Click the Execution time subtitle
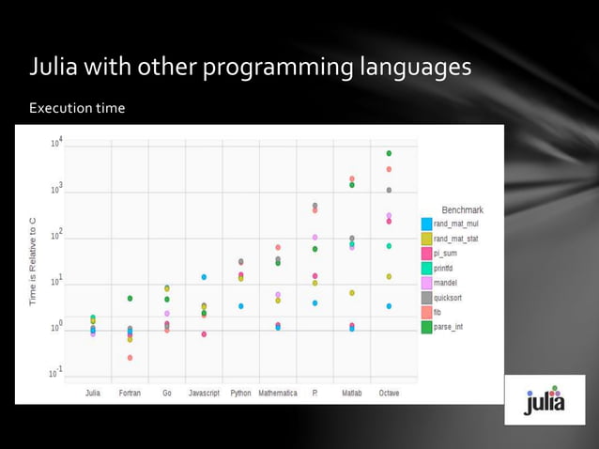click(x=77, y=109)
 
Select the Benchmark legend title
click(x=462, y=209)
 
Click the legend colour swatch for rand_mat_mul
click(x=426, y=224)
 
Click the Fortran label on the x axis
click(x=131, y=393)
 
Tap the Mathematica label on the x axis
click(x=277, y=393)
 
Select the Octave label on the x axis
click(x=389, y=393)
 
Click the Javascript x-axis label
click(x=204, y=393)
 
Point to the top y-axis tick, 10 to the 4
click(x=57, y=142)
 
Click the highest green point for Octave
click(x=389, y=153)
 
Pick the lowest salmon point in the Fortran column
click(x=130, y=358)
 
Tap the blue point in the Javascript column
click(x=204, y=277)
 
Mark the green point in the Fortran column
click(x=130, y=298)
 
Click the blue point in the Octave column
click(x=389, y=306)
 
